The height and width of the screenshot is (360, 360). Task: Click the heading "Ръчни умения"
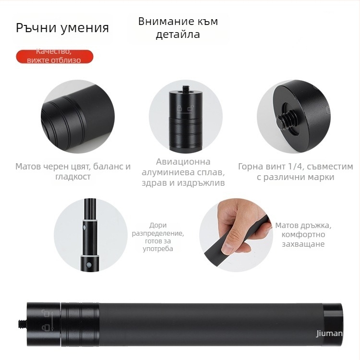[62, 28]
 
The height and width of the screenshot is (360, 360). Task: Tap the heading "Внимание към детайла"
[178, 28]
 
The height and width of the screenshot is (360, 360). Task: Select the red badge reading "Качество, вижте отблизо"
[54, 56]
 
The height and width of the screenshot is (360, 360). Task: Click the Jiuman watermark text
[329, 333]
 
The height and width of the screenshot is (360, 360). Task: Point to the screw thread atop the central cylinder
[185, 88]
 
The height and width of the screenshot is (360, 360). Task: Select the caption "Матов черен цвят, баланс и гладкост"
[73, 171]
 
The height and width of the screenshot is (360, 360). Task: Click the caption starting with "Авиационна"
[183, 172]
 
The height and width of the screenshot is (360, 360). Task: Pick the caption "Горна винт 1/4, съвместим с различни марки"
[296, 171]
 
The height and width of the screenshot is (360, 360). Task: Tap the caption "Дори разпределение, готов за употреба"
[158, 237]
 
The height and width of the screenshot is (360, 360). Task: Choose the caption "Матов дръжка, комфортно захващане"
[303, 234]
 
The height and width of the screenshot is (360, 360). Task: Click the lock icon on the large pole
[46, 327]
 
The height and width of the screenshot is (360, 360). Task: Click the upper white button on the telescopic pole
[84, 228]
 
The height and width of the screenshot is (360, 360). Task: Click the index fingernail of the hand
[228, 250]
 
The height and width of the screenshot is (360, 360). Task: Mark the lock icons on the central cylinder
[185, 108]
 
